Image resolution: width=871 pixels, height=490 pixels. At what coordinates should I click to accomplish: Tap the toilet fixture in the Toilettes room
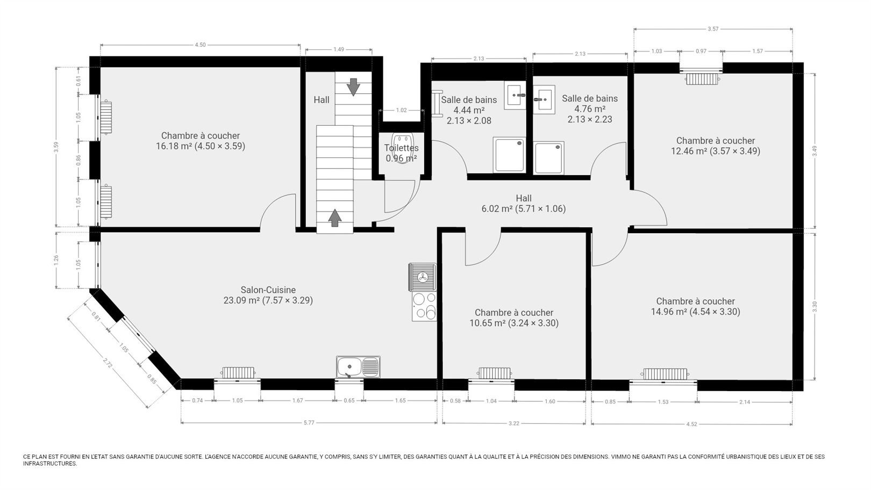point(402,148)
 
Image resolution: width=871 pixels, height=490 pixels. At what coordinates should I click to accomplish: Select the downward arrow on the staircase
point(353,87)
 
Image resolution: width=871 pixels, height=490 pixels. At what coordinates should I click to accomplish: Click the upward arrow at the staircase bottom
point(334,218)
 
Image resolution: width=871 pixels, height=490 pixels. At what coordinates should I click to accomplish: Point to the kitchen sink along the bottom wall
point(358,367)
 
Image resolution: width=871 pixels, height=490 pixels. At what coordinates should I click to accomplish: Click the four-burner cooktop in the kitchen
point(424,306)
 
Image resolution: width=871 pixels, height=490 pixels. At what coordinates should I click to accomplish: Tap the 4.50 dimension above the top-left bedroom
point(200,45)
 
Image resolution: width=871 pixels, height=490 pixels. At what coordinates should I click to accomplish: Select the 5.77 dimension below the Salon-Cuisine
point(309,423)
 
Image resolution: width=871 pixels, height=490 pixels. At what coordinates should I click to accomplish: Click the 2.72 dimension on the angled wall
point(108,363)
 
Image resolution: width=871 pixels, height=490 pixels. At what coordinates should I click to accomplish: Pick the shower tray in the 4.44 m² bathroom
point(509,155)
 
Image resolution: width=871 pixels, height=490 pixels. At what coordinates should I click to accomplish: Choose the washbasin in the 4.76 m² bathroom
point(544,100)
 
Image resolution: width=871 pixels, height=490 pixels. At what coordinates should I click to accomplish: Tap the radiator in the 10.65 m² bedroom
point(494,373)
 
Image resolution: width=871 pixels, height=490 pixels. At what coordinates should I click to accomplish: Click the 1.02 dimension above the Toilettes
point(401,110)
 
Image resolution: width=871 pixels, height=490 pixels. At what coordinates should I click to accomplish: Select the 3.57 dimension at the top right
point(713,29)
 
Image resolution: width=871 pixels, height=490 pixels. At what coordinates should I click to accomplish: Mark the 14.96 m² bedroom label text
point(695,306)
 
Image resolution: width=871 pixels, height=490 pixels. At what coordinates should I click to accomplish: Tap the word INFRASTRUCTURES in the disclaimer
point(50,464)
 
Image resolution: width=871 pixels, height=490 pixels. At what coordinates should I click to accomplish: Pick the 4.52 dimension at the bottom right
point(691,424)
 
